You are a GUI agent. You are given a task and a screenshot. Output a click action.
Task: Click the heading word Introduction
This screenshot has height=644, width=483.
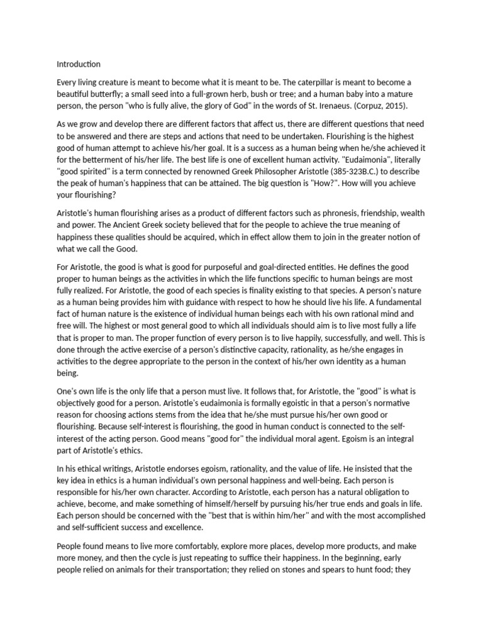[79, 64]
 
